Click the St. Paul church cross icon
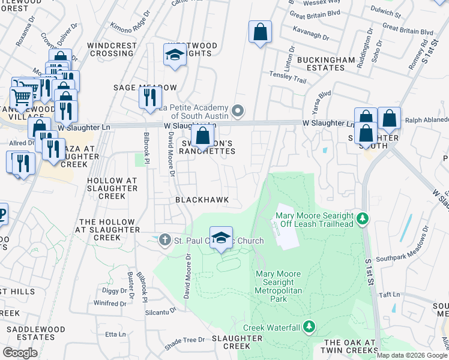[165, 241]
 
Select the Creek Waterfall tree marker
[309, 327]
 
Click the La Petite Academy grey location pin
[238, 110]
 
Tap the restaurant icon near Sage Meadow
[150, 97]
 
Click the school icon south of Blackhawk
[221, 238]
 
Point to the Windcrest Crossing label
[110, 49]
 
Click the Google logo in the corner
[20, 353]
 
